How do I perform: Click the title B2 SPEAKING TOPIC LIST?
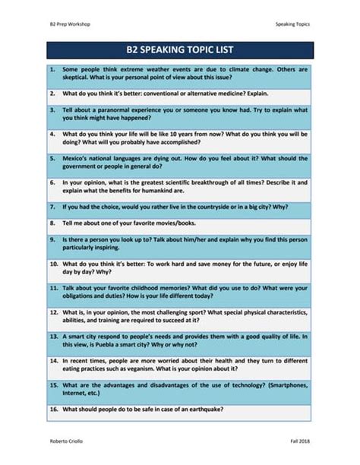pos(180,50)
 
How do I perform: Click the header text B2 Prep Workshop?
pos(70,24)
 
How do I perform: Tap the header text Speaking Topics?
pos(292,24)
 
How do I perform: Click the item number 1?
pos(52,69)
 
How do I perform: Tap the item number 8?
pos(52,224)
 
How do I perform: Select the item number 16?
pos(53,410)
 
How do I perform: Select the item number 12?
pos(53,312)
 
